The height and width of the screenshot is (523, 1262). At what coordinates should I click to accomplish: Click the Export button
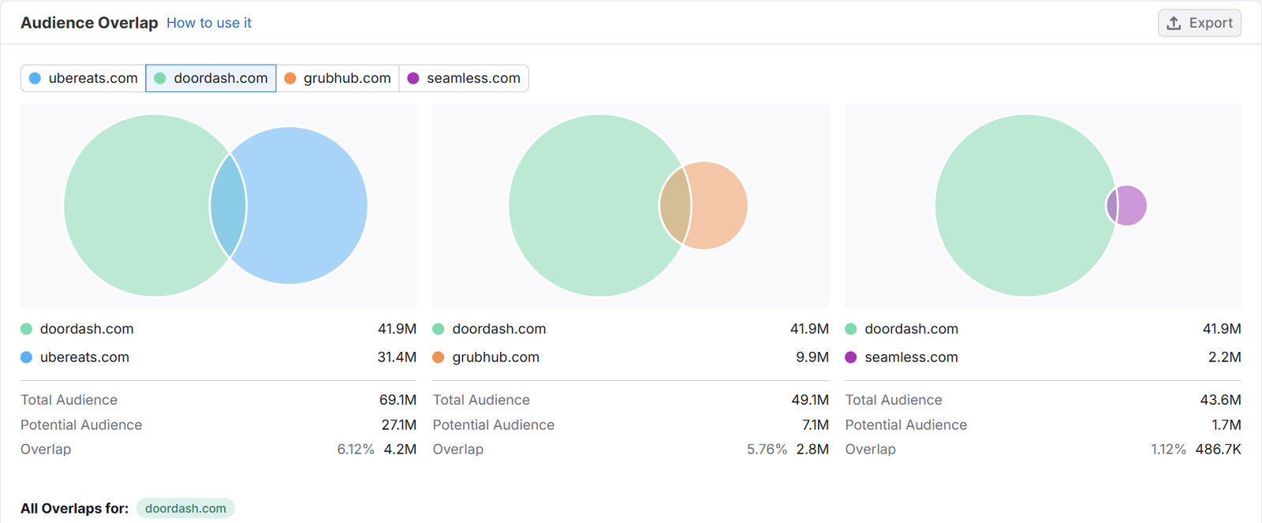pyautogui.click(x=1199, y=23)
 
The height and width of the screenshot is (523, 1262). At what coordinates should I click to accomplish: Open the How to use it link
pyautogui.click(x=209, y=23)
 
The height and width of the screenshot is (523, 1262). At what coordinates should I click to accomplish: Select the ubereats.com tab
pyautogui.click(x=84, y=78)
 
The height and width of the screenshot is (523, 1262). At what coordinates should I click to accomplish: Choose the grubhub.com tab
pyautogui.click(x=338, y=78)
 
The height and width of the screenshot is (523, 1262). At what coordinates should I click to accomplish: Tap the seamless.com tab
pyautogui.click(x=464, y=78)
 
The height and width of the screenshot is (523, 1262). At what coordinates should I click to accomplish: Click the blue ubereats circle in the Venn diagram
pyautogui.click(x=308, y=205)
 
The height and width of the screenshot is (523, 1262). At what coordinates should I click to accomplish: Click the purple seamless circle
pyautogui.click(x=1133, y=205)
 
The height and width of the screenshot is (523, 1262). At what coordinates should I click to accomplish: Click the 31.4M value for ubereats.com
pyautogui.click(x=397, y=357)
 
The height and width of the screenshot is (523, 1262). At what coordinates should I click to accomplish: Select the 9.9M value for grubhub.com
pyautogui.click(x=812, y=357)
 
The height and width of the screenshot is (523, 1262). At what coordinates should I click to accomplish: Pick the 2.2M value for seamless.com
pyautogui.click(x=1225, y=357)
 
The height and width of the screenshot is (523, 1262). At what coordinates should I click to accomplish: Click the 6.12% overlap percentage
pyautogui.click(x=356, y=449)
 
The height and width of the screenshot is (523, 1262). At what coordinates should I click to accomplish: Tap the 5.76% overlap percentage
pyautogui.click(x=767, y=449)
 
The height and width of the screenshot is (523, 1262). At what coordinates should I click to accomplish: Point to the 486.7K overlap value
pyautogui.click(x=1219, y=449)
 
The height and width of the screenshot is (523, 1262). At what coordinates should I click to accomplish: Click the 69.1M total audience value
pyautogui.click(x=398, y=400)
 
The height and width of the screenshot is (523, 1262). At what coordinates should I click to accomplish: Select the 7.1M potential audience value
pyautogui.click(x=816, y=424)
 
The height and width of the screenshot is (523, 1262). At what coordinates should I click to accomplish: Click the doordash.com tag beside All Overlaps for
pyautogui.click(x=185, y=508)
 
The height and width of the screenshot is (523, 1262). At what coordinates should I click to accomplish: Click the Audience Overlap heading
pyautogui.click(x=89, y=23)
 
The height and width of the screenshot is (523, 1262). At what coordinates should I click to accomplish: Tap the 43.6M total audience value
pyautogui.click(x=1221, y=400)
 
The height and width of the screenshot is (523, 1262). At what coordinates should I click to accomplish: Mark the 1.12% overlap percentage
pyautogui.click(x=1168, y=449)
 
